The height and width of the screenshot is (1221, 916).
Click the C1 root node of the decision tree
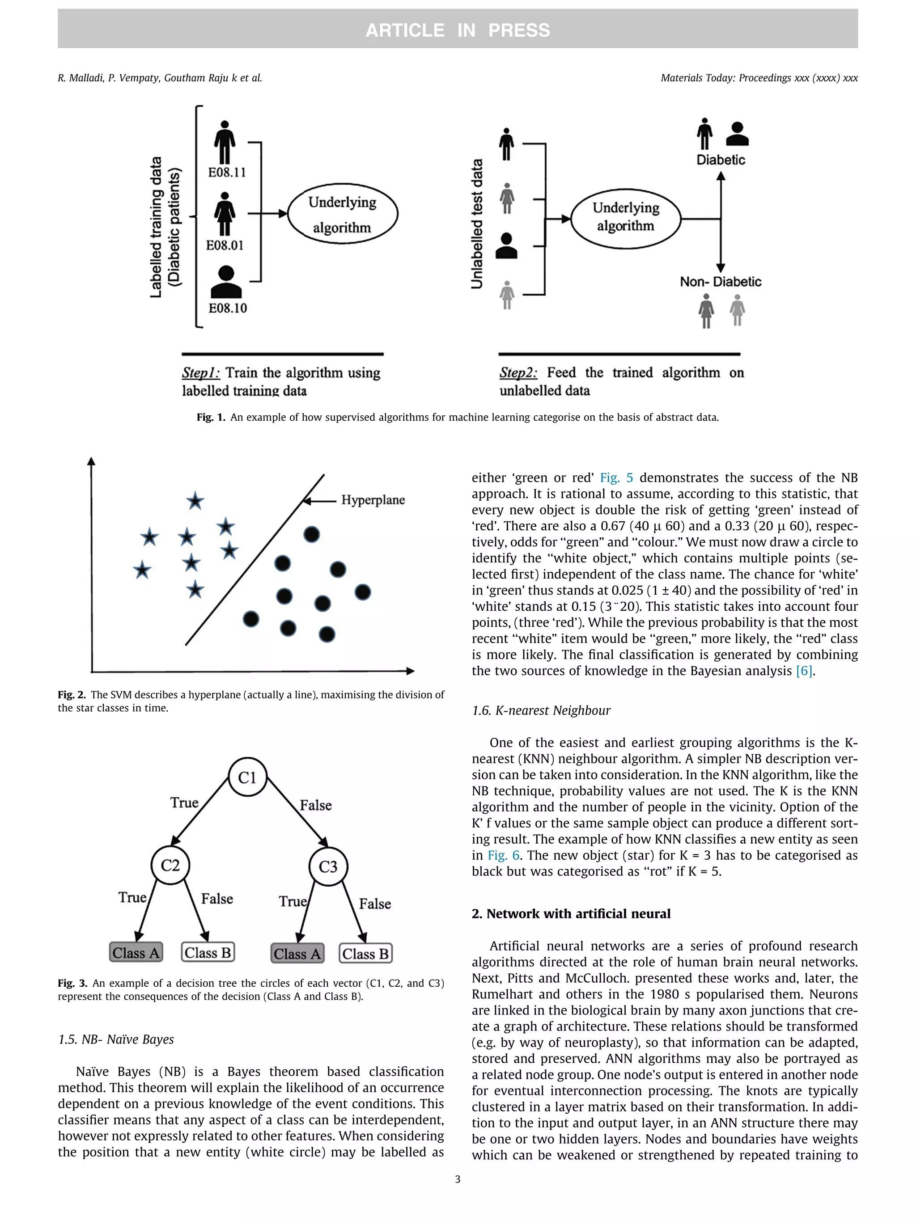[247, 777]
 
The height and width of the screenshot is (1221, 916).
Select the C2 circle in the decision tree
[170, 865]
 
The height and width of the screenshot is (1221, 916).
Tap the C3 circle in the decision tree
[328, 866]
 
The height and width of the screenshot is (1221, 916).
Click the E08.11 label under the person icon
[227, 172]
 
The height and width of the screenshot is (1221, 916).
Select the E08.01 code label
[225, 245]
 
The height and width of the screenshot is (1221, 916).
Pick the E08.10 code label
[227, 308]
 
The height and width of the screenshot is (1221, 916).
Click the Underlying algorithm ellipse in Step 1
[342, 214]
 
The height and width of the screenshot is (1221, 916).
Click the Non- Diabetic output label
[721, 282]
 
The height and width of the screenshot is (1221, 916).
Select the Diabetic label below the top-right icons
[721, 160]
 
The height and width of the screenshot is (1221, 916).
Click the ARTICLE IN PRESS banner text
[458, 30]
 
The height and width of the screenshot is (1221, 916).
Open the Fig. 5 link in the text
[616, 478]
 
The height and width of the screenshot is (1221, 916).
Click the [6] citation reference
[804, 671]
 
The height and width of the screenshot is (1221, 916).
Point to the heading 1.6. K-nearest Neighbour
[541, 710]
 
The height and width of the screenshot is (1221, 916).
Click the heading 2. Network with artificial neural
[571, 913]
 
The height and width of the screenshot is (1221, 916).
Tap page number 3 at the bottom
[458, 1179]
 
